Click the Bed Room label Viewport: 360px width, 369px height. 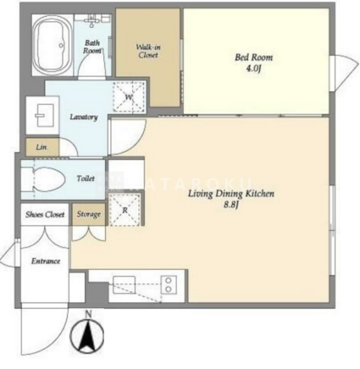point(254,58)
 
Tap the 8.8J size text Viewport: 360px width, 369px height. point(231,205)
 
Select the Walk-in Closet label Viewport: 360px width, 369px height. point(148,51)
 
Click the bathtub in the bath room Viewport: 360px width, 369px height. point(52,45)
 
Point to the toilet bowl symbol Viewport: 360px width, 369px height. point(44,179)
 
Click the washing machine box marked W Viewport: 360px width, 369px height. point(129,97)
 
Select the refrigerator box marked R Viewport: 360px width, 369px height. point(125,210)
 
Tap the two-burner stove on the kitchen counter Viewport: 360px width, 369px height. point(169,285)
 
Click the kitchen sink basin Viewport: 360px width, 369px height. point(124,284)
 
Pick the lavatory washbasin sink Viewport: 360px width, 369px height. point(45,115)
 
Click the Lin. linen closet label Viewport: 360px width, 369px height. point(42,147)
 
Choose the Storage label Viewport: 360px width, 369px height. point(89,214)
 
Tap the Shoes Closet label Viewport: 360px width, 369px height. point(45,215)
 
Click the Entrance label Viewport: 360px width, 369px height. point(46,261)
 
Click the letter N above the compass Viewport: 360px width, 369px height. point(89,314)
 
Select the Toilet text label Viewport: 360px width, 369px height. point(86,179)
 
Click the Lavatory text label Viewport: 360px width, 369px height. point(84,117)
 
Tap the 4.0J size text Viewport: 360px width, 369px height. point(253,69)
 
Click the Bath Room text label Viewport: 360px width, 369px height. point(92,47)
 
